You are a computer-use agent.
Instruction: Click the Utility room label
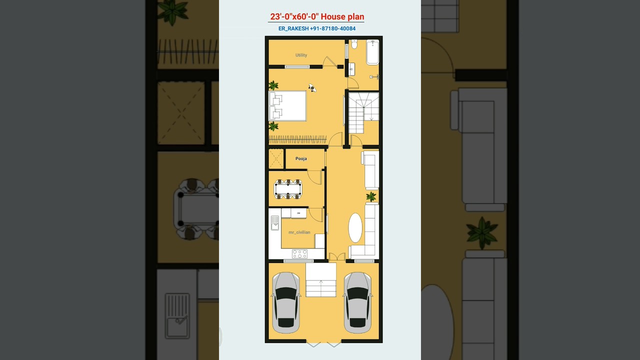[301, 55]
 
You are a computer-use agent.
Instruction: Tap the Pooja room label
[301, 158]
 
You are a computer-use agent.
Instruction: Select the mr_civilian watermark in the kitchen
[299, 232]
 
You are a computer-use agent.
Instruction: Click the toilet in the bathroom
[354, 44]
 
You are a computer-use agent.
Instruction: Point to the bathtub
[372, 52]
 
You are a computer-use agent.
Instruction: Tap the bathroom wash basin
[351, 69]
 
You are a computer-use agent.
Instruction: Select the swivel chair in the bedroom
[312, 88]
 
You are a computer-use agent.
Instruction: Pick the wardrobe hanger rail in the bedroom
[297, 139]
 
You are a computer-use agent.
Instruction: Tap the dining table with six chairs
[288, 189]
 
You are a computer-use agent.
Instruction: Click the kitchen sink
[275, 222]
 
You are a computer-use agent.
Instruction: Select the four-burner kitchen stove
[299, 254]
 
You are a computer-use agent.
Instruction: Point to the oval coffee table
[355, 228]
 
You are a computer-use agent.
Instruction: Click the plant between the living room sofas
[371, 196]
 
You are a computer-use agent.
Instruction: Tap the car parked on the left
[286, 302]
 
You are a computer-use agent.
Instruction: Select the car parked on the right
[358, 302]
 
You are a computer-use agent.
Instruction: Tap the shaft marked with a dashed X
[276, 159]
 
